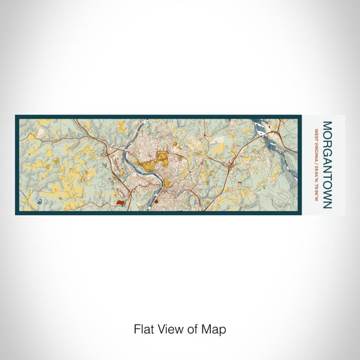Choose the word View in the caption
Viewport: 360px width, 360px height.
[x=169, y=328]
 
